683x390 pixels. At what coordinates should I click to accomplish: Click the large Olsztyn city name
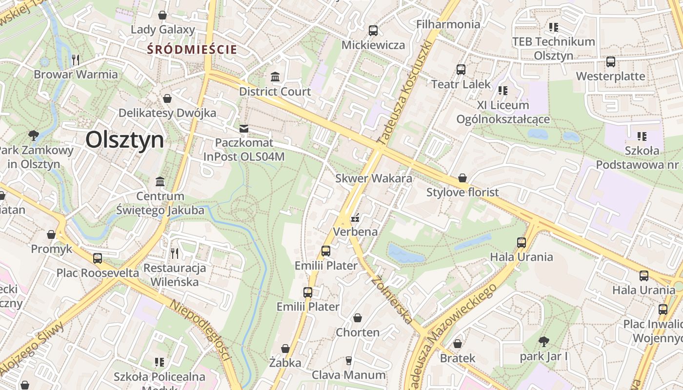click(x=125, y=140)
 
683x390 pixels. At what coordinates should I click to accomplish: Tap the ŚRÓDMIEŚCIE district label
click(x=193, y=49)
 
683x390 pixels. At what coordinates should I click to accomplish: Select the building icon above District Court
click(x=275, y=77)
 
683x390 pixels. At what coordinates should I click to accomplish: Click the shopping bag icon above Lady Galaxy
click(x=162, y=16)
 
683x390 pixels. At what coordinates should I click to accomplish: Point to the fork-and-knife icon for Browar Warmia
click(x=76, y=60)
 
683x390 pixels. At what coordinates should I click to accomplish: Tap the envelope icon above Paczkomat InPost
click(x=243, y=129)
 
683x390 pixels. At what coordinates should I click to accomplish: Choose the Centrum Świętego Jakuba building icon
click(x=160, y=182)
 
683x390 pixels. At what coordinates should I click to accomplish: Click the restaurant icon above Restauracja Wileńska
click(x=175, y=253)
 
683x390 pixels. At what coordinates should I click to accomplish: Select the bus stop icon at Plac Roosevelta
click(x=98, y=258)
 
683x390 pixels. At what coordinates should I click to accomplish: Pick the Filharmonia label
click(x=448, y=24)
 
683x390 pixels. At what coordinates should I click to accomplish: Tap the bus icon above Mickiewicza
click(x=373, y=31)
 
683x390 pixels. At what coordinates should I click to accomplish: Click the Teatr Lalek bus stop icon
click(x=461, y=70)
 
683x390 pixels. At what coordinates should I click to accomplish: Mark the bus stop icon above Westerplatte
click(x=610, y=62)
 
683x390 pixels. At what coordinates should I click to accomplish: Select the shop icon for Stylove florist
click(x=462, y=178)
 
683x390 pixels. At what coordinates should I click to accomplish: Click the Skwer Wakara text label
click(x=373, y=178)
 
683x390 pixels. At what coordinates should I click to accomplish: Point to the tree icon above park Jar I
click(x=543, y=342)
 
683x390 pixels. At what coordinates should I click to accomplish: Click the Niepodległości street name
click(x=200, y=330)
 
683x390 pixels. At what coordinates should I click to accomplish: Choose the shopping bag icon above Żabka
click(x=285, y=349)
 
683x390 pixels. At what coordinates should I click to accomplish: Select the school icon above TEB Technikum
click(x=553, y=27)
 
